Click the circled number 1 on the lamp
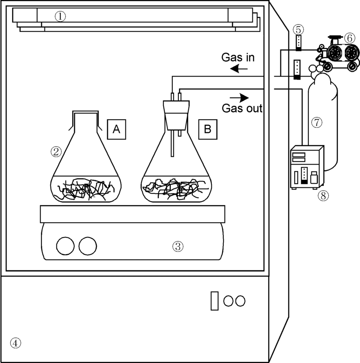coord(61,16)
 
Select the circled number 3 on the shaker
coord(178,246)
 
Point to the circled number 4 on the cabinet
coord(15,343)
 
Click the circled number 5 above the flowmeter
coord(299,30)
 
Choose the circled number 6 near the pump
coord(349,38)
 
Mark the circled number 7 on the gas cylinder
coord(317,122)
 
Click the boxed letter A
coord(116,129)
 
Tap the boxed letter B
coord(208,129)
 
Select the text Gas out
coord(242,108)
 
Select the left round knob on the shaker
coord(65,246)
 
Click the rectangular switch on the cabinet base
coord(214,300)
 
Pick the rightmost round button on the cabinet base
coord(240,301)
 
